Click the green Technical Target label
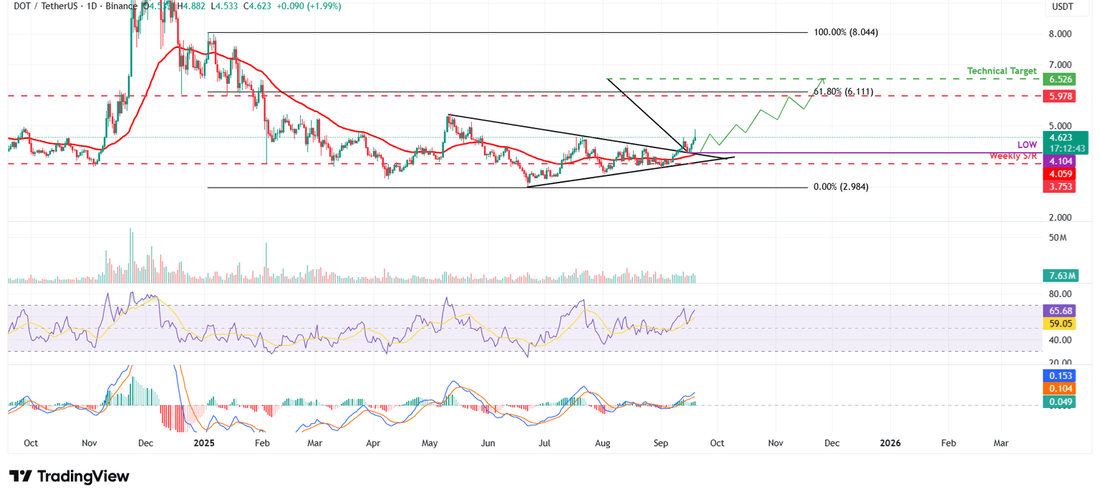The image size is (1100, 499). coord(1001,71)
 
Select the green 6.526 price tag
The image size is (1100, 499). coord(1059,79)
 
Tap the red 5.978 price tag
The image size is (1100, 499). coord(1059,95)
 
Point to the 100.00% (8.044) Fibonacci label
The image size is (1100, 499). coord(846,32)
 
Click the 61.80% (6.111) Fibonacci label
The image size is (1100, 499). coord(843,92)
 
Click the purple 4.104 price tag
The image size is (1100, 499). coord(1059,162)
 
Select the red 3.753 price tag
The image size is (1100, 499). coord(1059,187)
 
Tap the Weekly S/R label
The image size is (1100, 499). coord(1013,155)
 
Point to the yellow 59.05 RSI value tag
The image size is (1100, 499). coord(1060,324)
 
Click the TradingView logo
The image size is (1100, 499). coord(69,476)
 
